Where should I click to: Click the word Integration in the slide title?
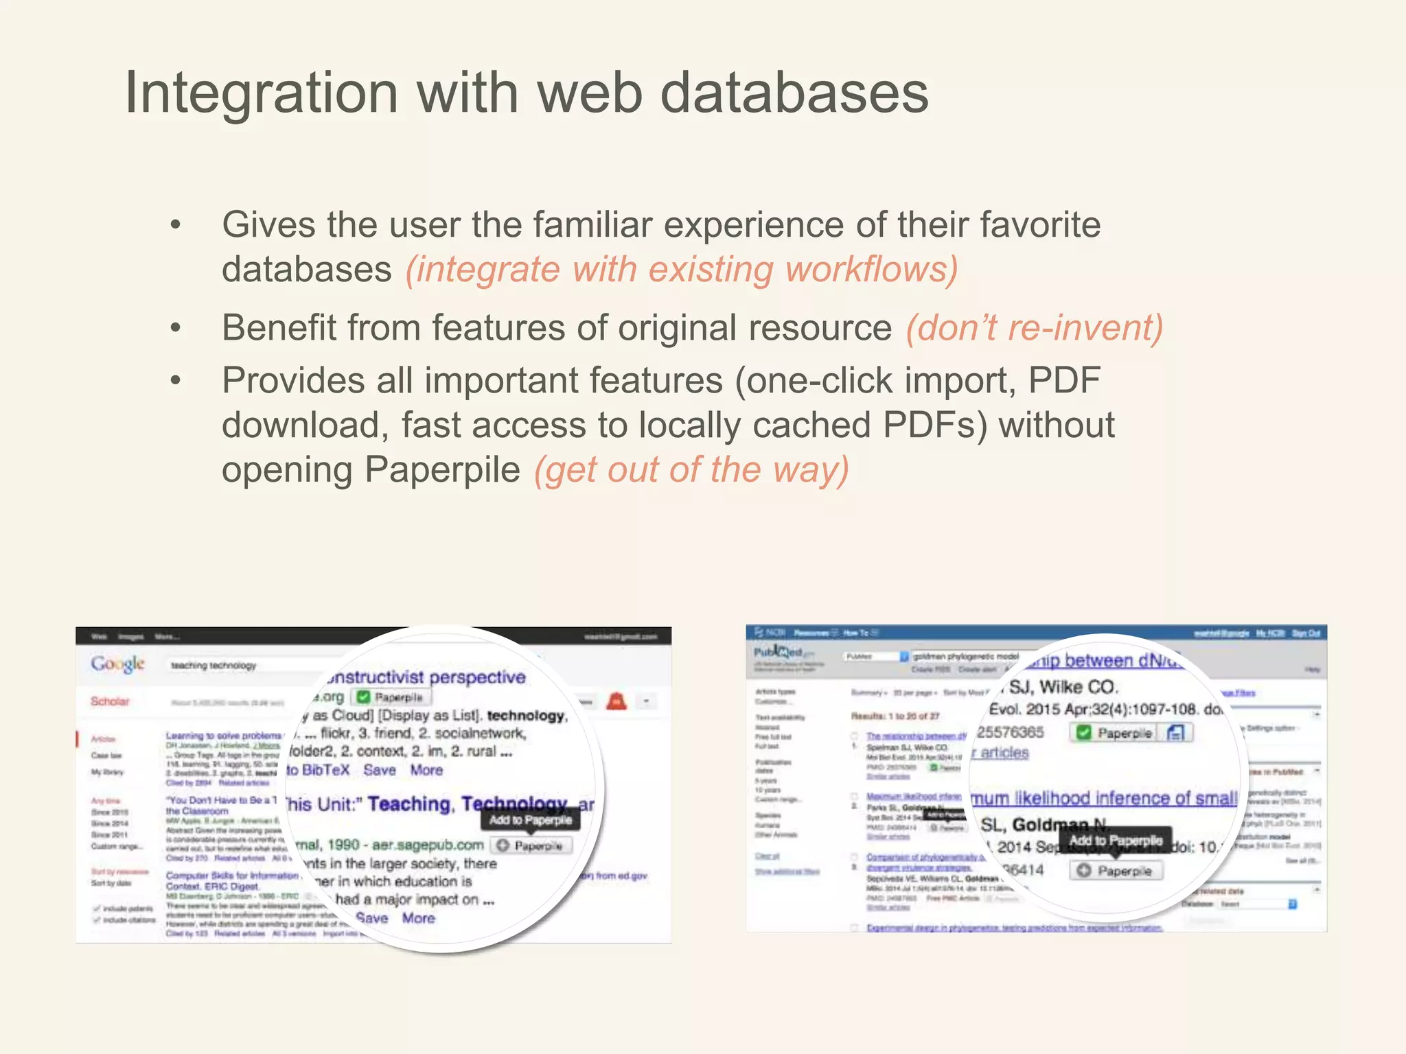(261, 94)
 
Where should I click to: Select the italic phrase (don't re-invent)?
(1035, 327)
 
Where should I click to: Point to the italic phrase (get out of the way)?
(691, 470)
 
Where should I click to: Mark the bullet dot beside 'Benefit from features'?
(176, 328)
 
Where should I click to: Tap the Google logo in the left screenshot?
(118, 664)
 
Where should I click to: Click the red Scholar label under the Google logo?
(110, 701)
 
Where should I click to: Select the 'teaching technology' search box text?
(214, 666)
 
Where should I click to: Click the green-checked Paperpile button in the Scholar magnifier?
(391, 697)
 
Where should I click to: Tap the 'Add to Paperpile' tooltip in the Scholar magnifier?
(530, 820)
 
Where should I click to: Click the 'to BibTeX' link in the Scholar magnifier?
(318, 770)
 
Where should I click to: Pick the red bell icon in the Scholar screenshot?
(616, 701)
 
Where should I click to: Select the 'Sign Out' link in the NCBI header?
(1306, 633)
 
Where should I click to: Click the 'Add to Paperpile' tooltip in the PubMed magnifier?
(1116, 841)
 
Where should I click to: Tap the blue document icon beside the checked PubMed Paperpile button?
(1175, 733)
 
